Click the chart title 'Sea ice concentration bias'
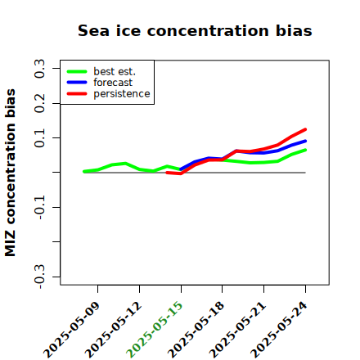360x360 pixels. coord(195,30)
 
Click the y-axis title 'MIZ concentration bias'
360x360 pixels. coord(11,173)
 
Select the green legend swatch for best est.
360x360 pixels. coord(77,71)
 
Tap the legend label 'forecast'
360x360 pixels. coord(113,83)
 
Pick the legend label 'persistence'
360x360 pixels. coord(122,94)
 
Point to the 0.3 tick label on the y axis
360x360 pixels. coord(40,69)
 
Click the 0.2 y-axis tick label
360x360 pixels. coord(40,103)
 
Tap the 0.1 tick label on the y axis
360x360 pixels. coord(40,138)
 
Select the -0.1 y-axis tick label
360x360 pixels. coord(40,207)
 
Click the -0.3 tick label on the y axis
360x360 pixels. coord(40,277)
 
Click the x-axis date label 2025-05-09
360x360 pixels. coord(71,330)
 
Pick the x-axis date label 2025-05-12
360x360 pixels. coord(113,330)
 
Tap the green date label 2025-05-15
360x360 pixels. coord(155,330)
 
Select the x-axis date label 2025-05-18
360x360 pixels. coord(196,330)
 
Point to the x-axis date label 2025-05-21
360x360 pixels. coord(237,330)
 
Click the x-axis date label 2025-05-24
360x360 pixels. coord(279,330)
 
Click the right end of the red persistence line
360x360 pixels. coord(305,129)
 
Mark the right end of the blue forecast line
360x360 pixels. coord(305,141)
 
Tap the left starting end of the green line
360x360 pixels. coord(84,172)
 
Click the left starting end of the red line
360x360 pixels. coord(167,173)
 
